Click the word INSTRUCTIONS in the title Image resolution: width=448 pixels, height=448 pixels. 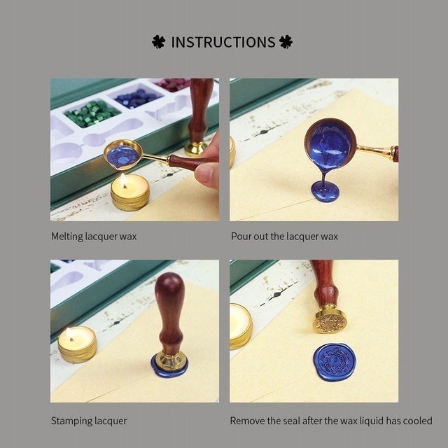click(223, 42)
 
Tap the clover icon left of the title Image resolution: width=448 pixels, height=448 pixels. click(159, 42)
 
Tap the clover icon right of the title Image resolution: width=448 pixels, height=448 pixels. click(286, 42)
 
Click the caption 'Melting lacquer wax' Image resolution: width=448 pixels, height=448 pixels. click(94, 237)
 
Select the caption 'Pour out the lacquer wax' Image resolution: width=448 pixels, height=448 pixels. click(284, 237)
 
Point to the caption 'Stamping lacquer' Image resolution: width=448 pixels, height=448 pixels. click(89, 421)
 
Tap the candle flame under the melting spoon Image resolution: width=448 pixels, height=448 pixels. click(124, 181)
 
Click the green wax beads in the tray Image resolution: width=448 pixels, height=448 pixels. click(93, 112)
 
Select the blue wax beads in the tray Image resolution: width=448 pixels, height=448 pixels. click(137, 98)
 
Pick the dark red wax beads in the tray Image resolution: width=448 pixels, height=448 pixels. click(172, 85)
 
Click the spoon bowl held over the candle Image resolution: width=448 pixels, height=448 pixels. click(122, 155)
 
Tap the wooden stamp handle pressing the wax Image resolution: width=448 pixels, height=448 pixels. click(170, 308)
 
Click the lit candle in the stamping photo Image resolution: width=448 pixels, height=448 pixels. click(77, 343)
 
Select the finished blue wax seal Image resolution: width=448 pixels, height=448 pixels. click(334, 361)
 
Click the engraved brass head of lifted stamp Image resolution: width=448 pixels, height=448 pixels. click(330, 321)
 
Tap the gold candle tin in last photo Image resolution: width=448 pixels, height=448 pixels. click(241, 325)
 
